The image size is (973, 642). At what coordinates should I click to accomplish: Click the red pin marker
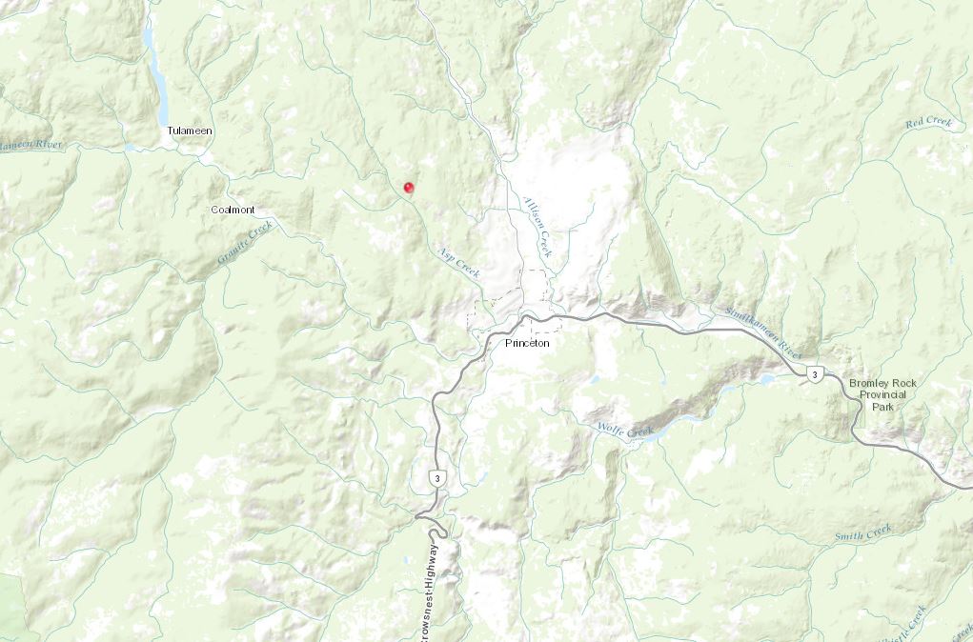pyautogui.click(x=409, y=188)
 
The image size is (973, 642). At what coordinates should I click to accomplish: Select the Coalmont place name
pyautogui.click(x=233, y=210)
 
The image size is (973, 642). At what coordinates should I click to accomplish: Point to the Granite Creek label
pyautogui.click(x=245, y=242)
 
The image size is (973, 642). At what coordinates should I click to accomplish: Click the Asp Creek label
pyautogui.click(x=458, y=262)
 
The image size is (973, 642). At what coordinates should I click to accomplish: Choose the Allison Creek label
pyautogui.click(x=537, y=227)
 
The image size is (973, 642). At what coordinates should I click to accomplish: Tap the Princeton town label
pyautogui.click(x=527, y=343)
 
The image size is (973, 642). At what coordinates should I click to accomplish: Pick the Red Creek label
pyautogui.click(x=928, y=122)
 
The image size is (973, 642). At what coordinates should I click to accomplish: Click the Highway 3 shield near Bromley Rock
pyautogui.click(x=814, y=374)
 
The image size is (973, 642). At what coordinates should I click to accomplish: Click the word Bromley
pyautogui.click(x=869, y=383)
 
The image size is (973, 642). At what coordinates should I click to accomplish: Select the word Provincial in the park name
pyautogui.click(x=886, y=394)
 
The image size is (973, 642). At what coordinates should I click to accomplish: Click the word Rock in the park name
pyautogui.click(x=904, y=383)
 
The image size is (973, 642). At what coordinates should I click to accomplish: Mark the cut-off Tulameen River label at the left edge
pyautogui.click(x=30, y=145)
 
